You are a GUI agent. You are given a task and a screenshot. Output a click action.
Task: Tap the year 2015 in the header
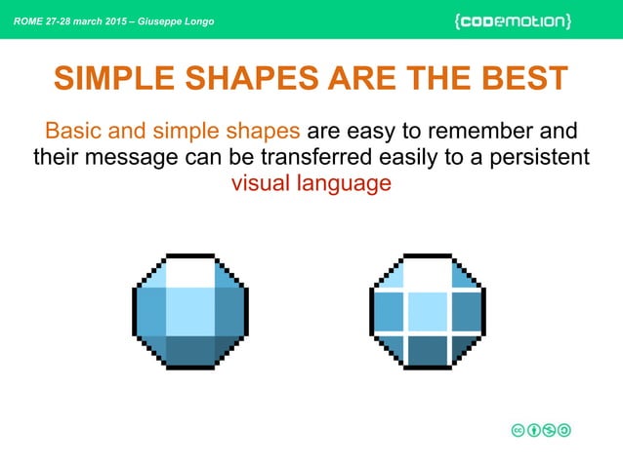pos(122,21)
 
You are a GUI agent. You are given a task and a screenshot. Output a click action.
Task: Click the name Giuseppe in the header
pos(180,21)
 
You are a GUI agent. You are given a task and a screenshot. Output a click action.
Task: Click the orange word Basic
pos(74,131)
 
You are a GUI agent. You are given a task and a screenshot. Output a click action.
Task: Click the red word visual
pos(259,183)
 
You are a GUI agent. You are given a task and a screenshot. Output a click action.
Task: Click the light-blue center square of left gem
pos(189,311)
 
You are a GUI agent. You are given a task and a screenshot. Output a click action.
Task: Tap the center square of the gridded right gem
pos(427,312)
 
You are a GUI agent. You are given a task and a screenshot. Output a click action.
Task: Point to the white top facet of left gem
pos(189,271)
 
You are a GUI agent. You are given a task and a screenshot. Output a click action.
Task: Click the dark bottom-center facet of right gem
pos(427,349)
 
